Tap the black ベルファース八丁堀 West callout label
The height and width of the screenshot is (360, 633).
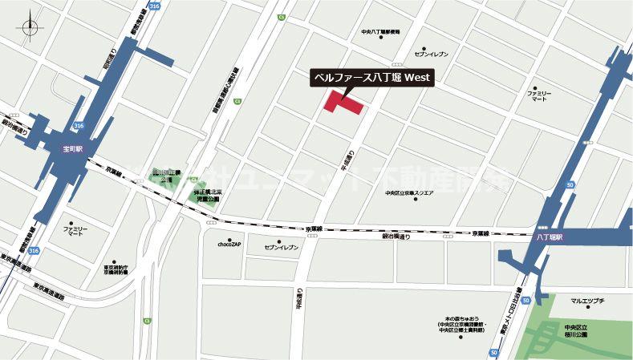click(x=371, y=78)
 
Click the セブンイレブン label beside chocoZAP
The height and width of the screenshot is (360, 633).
click(x=282, y=248)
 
